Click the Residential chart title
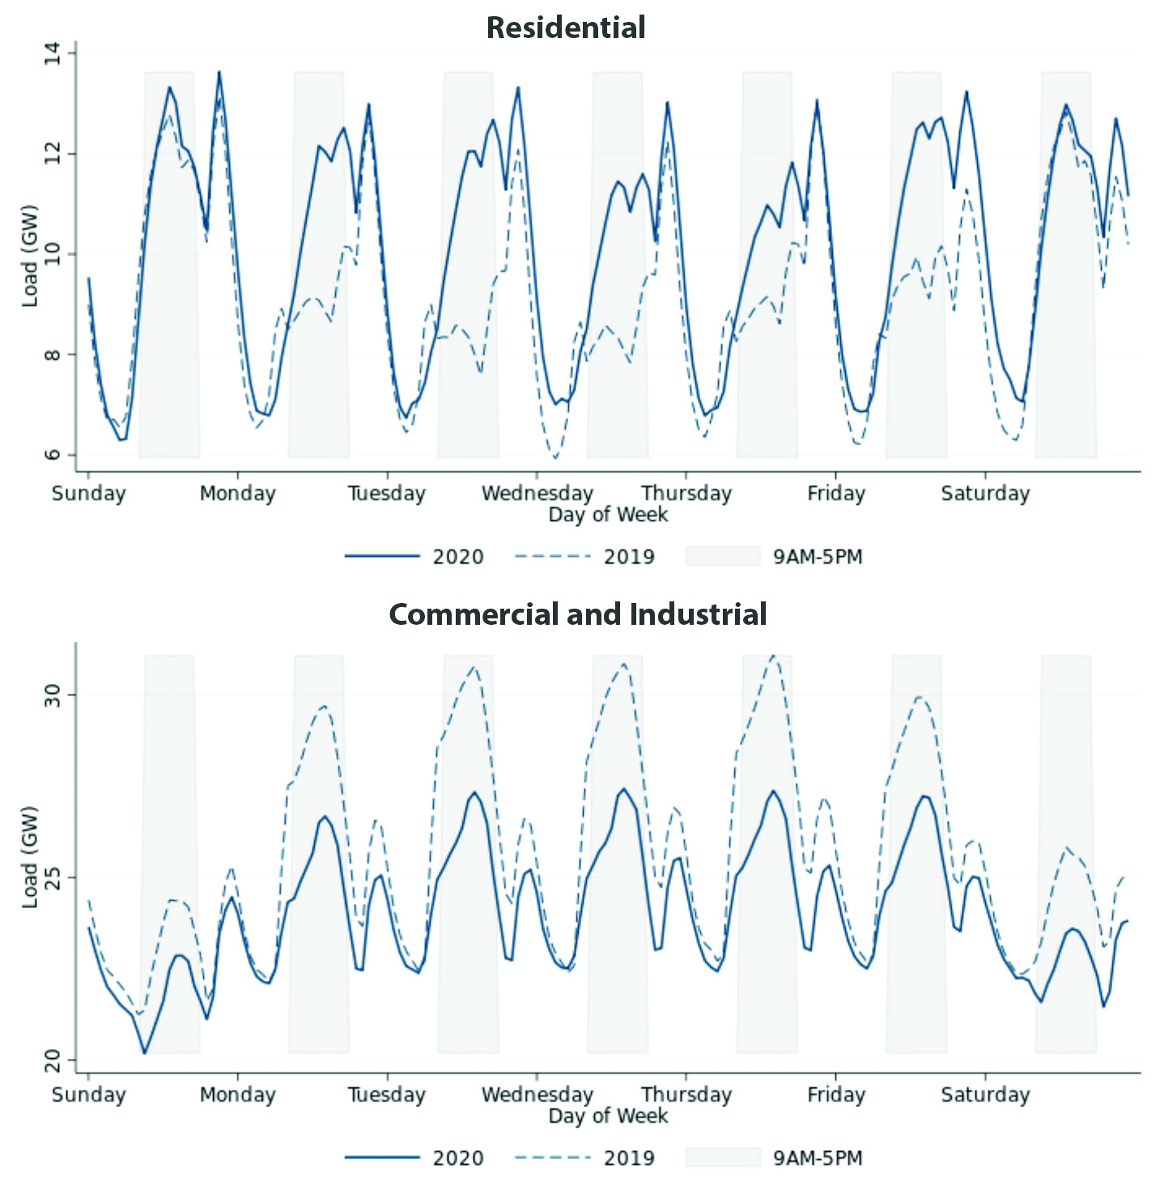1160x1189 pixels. (565, 28)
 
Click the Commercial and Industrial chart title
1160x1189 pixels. (578, 614)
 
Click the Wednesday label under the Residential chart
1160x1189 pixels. (537, 493)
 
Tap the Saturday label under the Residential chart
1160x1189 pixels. (984, 493)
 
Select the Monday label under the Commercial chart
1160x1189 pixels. (237, 1094)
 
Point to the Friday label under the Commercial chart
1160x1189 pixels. (835, 1094)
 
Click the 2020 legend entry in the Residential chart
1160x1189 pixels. (457, 557)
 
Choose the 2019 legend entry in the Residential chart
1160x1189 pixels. (629, 557)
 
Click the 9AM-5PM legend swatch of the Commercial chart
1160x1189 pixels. (723, 1157)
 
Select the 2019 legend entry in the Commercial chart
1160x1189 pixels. (629, 1157)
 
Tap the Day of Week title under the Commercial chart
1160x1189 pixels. (608, 1115)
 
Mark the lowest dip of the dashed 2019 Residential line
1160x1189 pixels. (555, 458)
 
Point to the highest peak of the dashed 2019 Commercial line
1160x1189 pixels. (773, 655)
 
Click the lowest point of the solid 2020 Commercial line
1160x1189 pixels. (145, 1053)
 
